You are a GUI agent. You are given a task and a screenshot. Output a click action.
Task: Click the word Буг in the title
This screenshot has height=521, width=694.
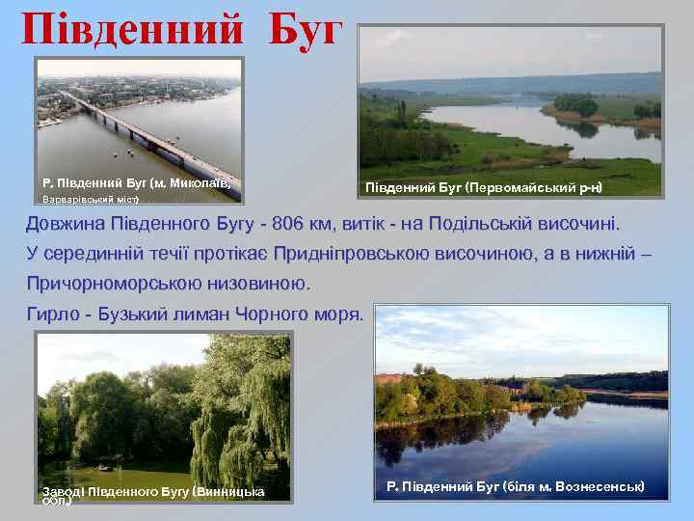303,31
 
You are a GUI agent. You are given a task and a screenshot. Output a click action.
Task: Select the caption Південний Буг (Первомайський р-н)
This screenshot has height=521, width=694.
484,185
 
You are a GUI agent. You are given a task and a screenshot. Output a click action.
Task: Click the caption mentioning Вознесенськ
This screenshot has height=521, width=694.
515,485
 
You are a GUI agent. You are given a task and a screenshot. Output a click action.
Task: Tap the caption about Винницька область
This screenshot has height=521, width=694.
154,495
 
